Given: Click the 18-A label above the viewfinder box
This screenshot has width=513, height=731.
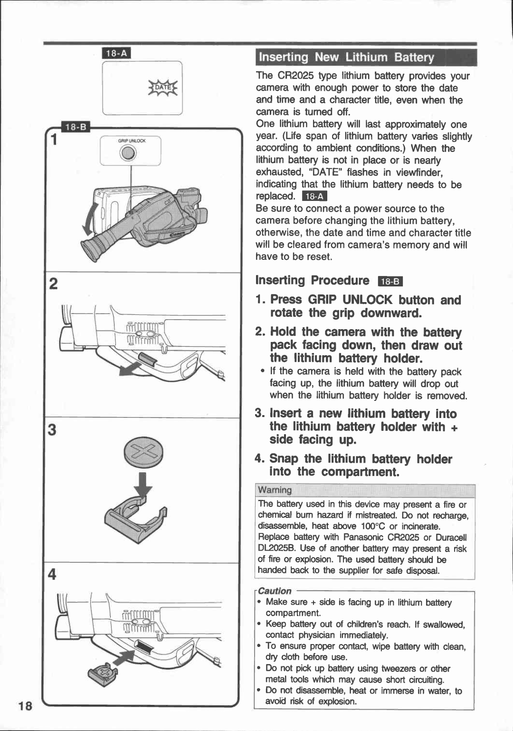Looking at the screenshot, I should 116,53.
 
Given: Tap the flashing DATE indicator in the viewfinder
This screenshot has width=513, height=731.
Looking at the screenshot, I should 163,88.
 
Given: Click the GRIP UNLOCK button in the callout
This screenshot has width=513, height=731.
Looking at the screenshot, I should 128,153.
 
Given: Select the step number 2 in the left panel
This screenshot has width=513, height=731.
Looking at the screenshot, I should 53,284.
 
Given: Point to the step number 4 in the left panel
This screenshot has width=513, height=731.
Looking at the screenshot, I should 53,575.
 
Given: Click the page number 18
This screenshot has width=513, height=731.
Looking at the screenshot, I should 25,706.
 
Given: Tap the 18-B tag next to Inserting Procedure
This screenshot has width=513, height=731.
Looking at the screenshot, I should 390,282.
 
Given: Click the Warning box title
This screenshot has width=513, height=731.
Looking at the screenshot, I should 275,490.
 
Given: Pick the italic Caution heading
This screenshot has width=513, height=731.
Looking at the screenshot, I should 275,591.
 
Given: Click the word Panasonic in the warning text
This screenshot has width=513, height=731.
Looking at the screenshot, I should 363,537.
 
